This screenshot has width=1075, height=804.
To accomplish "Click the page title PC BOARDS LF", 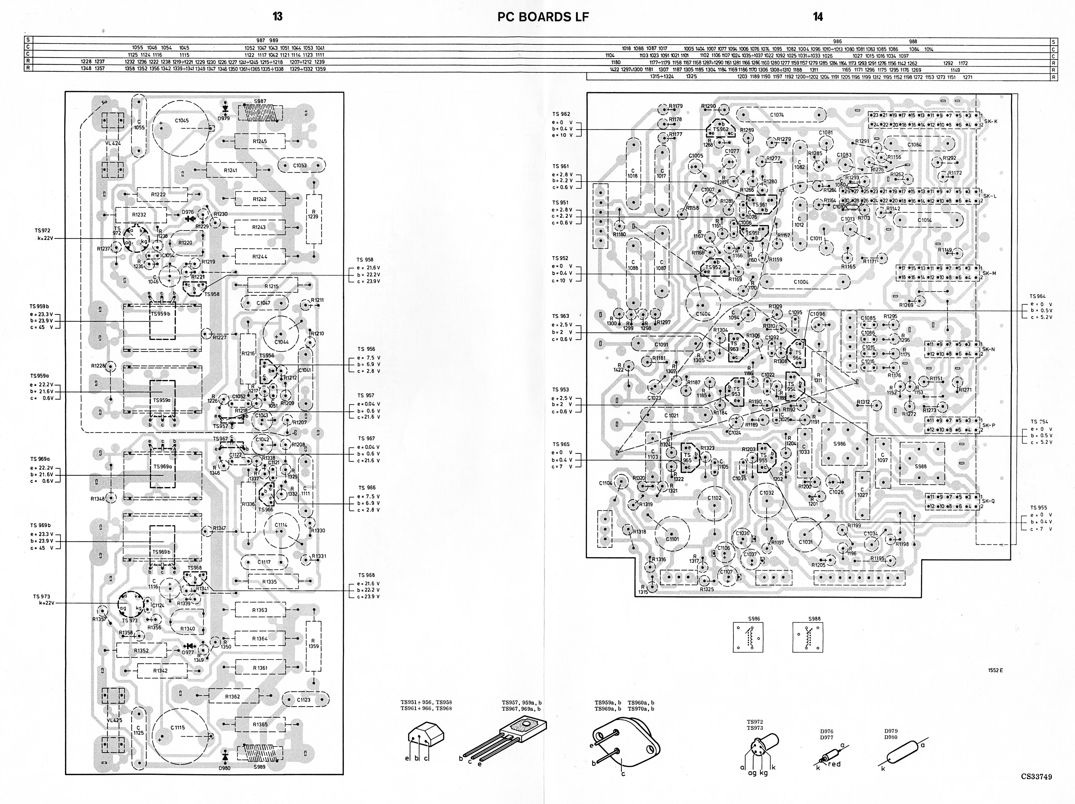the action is coord(543,17).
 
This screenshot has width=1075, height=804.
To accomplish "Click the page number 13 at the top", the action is coord(278,16).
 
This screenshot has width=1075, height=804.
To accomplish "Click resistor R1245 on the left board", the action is coord(260,142).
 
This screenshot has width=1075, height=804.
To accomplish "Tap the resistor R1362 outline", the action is coord(233,697).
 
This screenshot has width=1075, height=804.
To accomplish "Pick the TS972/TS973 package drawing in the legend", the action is coord(761,746).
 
